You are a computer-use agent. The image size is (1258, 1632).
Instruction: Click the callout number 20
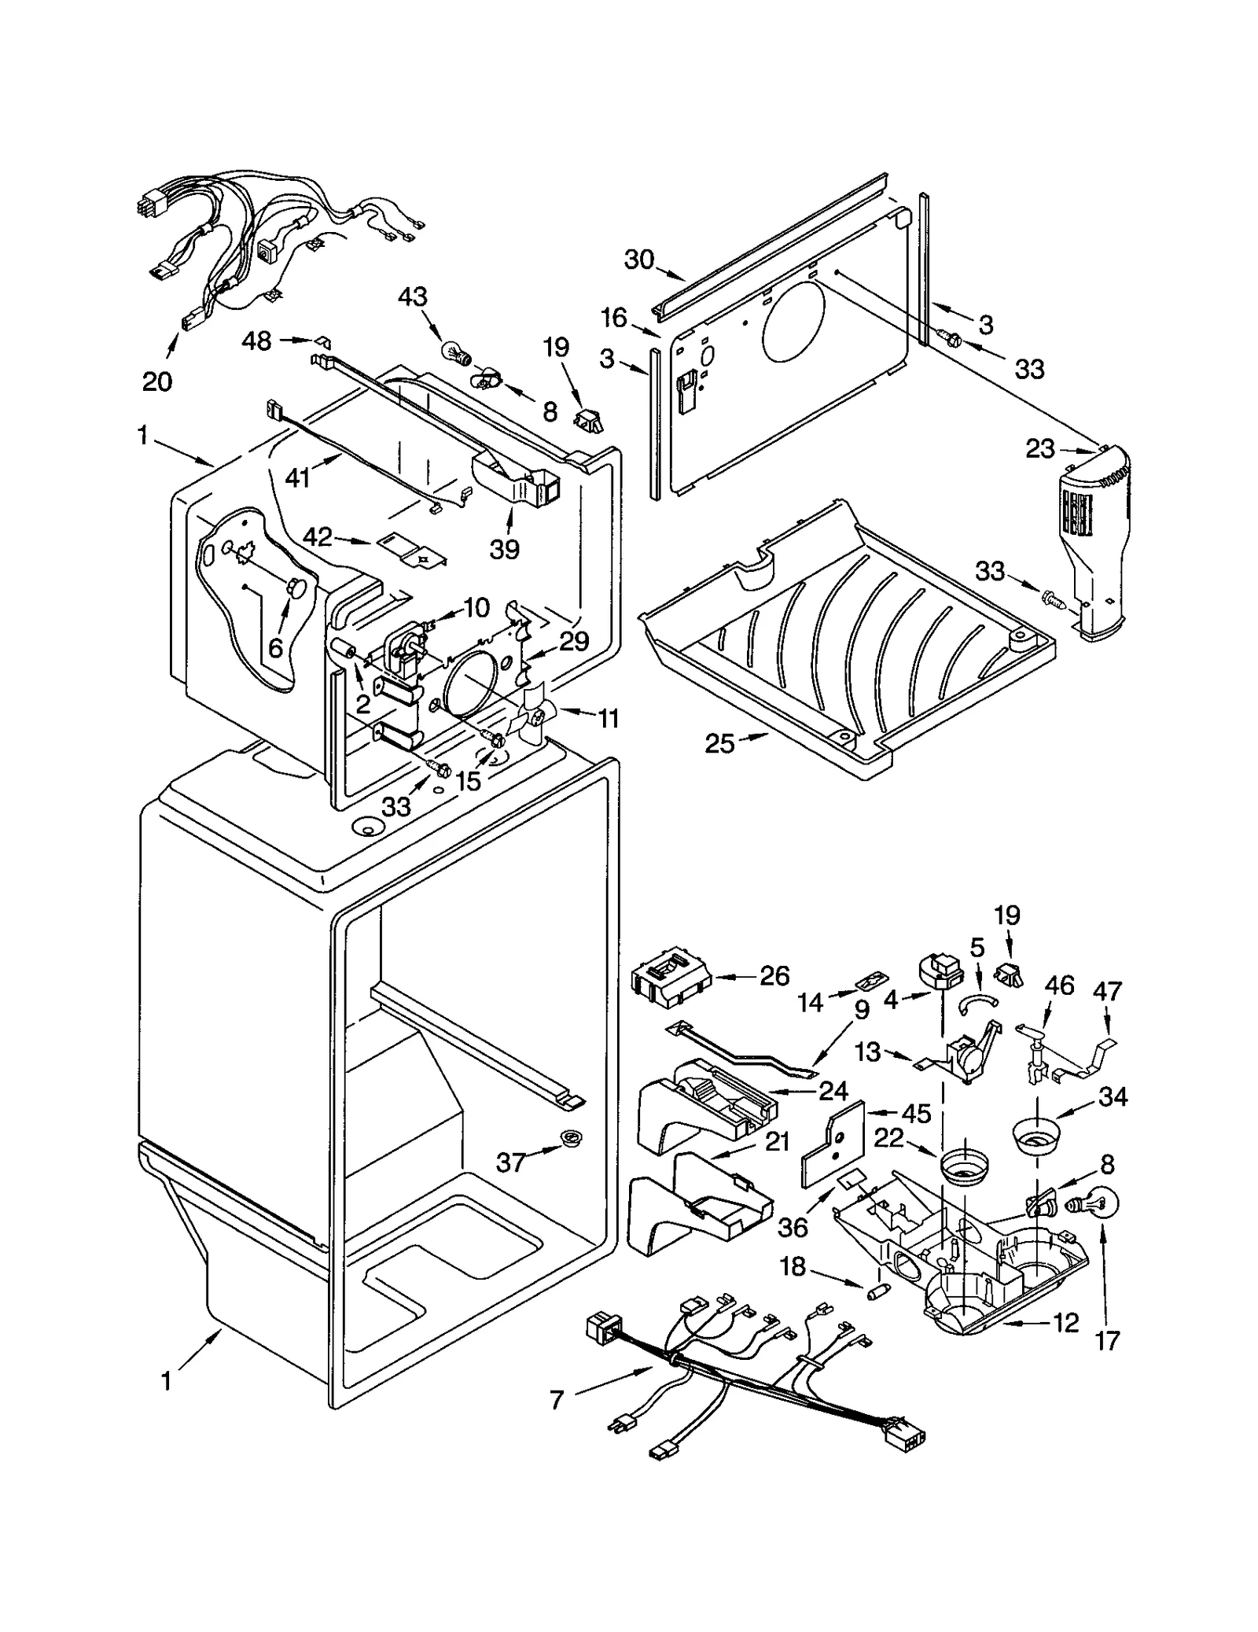[x=157, y=381]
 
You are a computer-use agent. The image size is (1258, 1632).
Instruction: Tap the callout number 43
[x=412, y=297]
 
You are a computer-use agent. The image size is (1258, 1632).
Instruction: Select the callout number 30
[x=639, y=260]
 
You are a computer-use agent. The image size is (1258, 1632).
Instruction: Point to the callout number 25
[x=719, y=743]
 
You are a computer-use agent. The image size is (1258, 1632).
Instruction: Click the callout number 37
[x=511, y=1162]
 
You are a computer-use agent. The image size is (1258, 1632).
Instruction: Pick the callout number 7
[x=557, y=1400]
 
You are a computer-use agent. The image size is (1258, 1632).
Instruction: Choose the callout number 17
[x=1107, y=1340]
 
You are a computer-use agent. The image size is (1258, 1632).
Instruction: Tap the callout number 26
[x=774, y=976]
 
